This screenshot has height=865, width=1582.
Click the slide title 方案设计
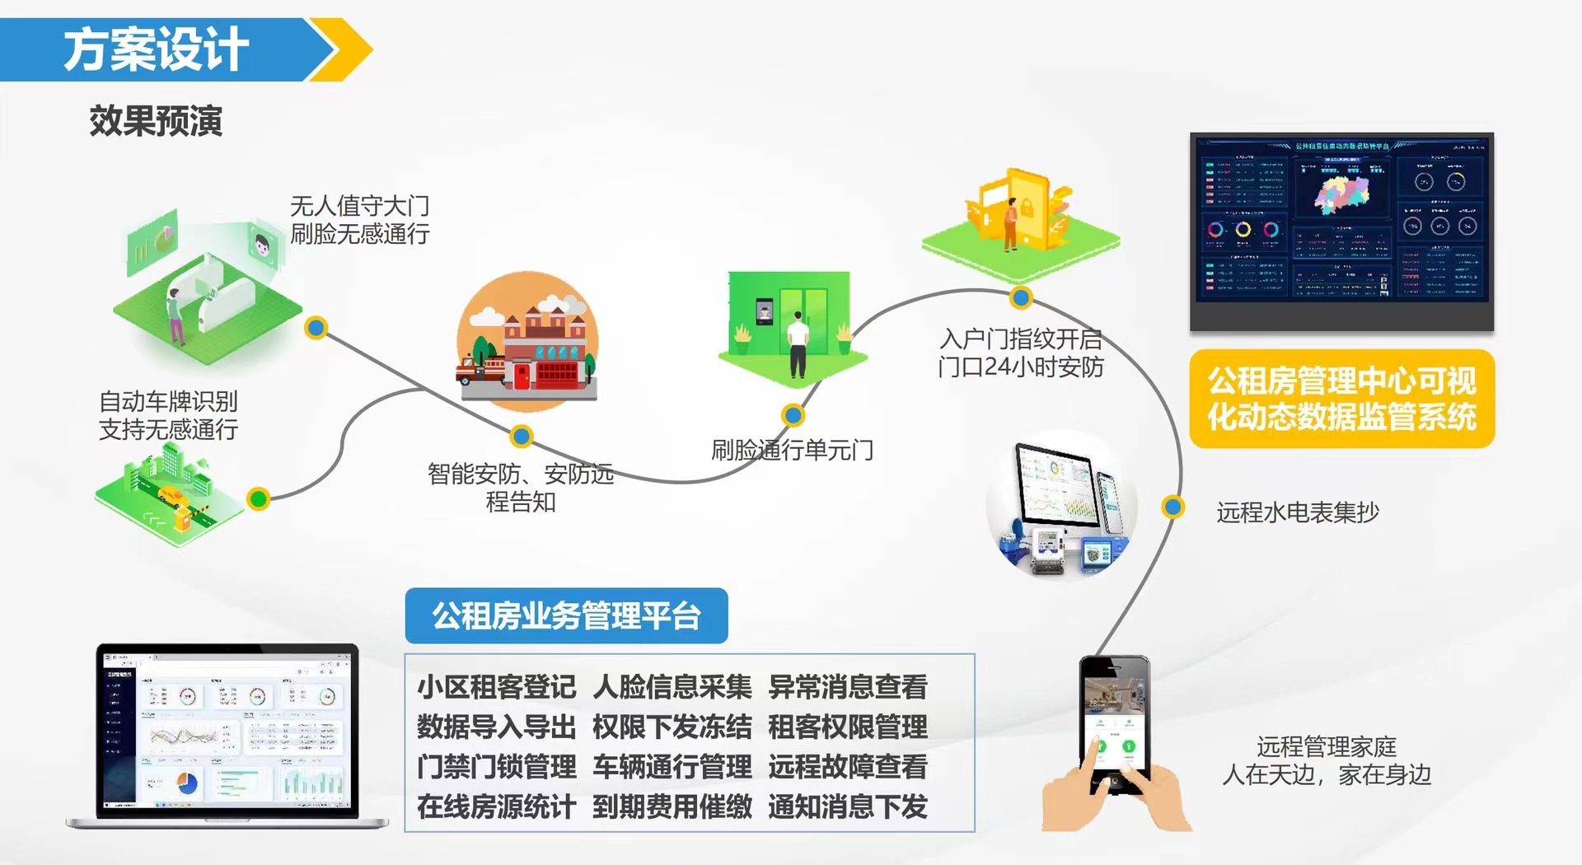[156, 49]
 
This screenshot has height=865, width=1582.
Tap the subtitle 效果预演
[156, 121]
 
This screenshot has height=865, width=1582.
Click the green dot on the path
[259, 498]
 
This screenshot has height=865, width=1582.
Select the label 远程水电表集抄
[1297, 512]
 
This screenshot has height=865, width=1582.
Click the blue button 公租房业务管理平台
[566, 615]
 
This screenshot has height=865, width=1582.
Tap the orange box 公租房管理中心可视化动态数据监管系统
[1341, 399]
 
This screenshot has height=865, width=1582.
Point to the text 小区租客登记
[496, 686]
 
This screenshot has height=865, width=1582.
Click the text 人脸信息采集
[672, 686]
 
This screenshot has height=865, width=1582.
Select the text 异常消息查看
[847, 686]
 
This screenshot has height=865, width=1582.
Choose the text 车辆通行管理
[672, 766]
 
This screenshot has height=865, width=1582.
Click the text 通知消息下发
[847, 807]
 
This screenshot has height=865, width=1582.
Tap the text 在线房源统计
[496, 807]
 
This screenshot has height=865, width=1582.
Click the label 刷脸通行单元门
[792, 450]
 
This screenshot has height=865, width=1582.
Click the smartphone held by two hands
[1114, 725]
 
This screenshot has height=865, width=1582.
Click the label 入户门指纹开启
[1020, 339]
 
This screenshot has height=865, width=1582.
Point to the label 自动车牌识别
[168, 401]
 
